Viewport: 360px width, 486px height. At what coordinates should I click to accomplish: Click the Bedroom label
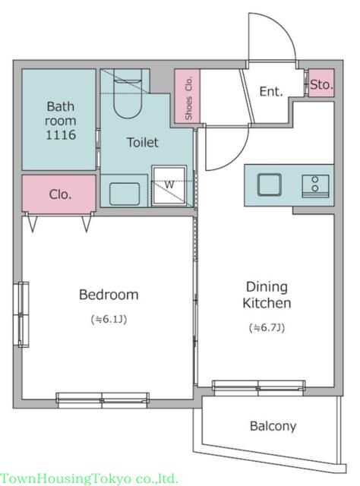click(109, 295)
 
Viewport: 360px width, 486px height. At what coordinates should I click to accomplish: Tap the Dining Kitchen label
click(267, 295)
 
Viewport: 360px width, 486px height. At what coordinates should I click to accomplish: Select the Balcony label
click(273, 426)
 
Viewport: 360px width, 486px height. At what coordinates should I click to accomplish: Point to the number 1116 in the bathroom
click(61, 135)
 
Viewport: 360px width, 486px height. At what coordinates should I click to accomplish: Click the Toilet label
click(142, 142)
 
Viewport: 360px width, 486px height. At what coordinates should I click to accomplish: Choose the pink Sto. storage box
click(321, 83)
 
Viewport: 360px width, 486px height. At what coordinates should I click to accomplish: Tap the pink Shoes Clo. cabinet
click(188, 96)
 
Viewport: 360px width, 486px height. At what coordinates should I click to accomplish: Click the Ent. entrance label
click(271, 91)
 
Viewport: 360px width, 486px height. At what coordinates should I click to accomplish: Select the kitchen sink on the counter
click(270, 185)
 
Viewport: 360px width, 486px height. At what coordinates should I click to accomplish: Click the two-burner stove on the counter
click(315, 185)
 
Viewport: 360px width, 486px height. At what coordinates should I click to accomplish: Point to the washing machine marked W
click(169, 185)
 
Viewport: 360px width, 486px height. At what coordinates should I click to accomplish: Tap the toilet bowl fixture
click(128, 93)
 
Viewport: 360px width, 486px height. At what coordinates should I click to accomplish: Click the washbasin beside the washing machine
click(125, 194)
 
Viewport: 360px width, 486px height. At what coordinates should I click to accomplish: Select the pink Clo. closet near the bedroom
click(59, 194)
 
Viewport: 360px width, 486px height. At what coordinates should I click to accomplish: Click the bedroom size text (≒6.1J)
click(109, 319)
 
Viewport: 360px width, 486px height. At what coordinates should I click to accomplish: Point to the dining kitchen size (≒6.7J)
click(267, 327)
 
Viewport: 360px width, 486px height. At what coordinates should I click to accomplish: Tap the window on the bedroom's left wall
click(21, 314)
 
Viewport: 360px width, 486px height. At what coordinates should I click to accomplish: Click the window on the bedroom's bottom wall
click(103, 400)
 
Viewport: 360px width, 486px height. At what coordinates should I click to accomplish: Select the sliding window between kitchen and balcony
click(258, 388)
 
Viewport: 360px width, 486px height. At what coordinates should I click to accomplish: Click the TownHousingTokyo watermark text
click(89, 479)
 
